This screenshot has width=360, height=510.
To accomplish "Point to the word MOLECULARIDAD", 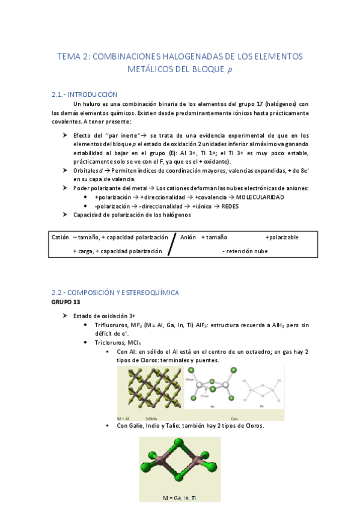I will [x=260, y=197].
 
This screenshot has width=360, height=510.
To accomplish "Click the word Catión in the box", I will [x=60, y=238].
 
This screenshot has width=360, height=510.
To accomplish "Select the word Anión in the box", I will [x=188, y=238].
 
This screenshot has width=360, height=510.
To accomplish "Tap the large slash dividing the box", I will [x=172, y=243].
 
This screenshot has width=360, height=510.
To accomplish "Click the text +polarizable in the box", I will [x=282, y=238].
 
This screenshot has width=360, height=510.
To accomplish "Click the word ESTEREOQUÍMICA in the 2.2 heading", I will [x=149, y=292].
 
